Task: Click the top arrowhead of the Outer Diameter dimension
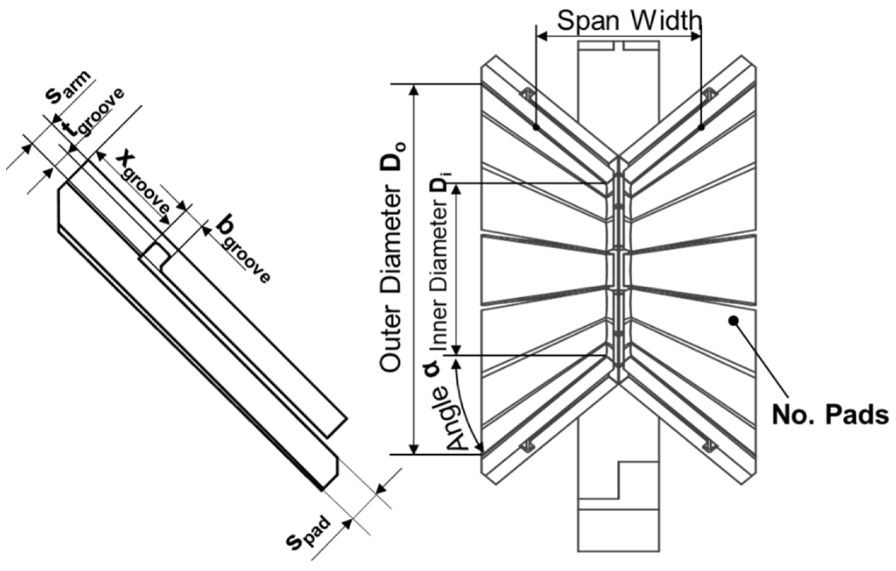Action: [x=414, y=89]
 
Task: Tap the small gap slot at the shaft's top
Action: [x=619, y=46]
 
